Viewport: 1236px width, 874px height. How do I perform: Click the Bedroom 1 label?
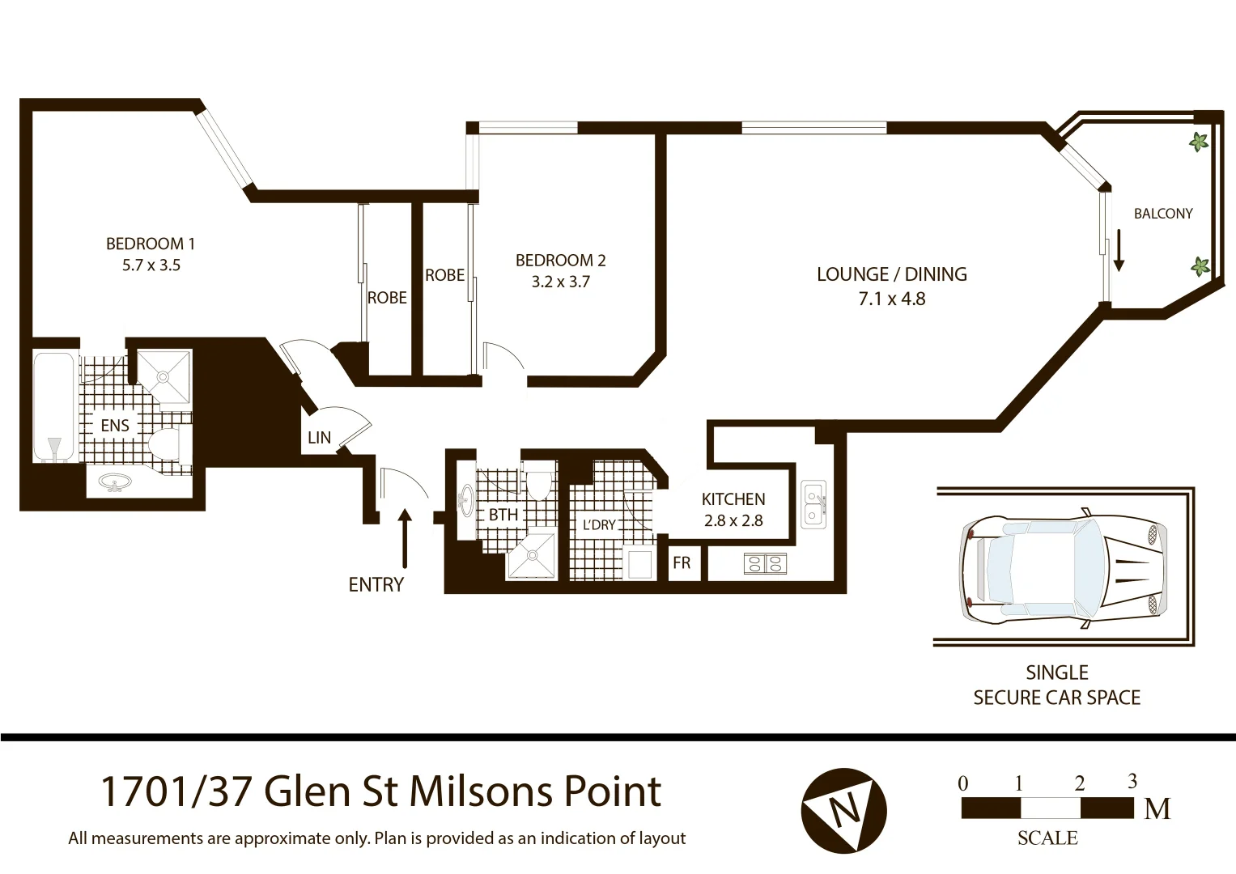tap(151, 244)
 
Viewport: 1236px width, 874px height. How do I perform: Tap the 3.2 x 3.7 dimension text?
tap(560, 282)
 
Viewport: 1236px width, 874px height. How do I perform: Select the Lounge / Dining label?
tap(891, 274)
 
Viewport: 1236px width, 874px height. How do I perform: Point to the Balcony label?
tap(1162, 214)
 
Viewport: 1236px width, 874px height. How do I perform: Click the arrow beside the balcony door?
tap(1119, 251)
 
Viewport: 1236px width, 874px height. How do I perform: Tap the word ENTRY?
tap(376, 585)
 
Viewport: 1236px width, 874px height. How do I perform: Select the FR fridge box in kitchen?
tap(682, 563)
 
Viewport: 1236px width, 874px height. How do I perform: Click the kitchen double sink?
tap(813, 504)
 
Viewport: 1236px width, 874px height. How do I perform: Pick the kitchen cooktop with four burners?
tap(765, 563)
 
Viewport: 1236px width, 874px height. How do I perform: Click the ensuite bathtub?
tap(55, 406)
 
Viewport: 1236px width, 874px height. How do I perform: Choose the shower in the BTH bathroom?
tap(531, 555)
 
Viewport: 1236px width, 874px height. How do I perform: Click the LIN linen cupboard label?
tap(319, 438)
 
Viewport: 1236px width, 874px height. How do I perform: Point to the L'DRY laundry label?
tap(599, 525)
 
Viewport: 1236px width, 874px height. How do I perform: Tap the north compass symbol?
tap(843, 810)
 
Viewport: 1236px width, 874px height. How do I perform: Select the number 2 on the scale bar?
tap(1079, 783)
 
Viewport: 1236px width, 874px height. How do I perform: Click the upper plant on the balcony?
tap(1198, 142)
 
